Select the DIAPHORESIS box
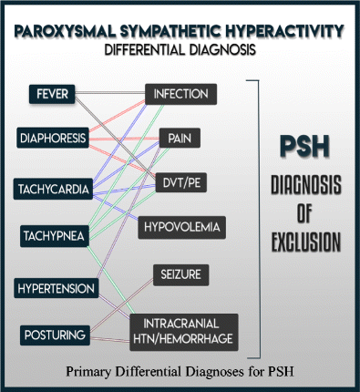click(x=53, y=139)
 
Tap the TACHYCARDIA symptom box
click(x=53, y=189)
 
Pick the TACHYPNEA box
click(x=53, y=236)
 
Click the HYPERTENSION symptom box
click(x=56, y=288)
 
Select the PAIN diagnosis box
click(x=180, y=139)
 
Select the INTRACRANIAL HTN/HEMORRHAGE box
click(x=184, y=330)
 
